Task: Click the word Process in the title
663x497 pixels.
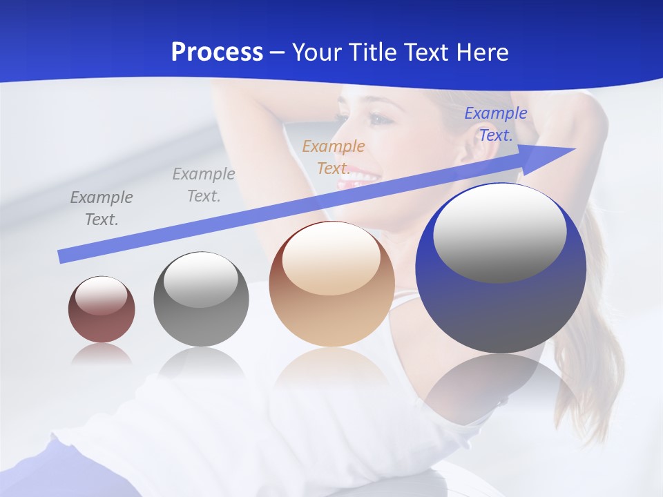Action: click(x=217, y=52)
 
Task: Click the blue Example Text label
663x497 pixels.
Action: click(x=495, y=124)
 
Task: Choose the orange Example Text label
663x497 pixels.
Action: click(x=334, y=157)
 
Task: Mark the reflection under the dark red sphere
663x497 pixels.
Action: click(x=102, y=354)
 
